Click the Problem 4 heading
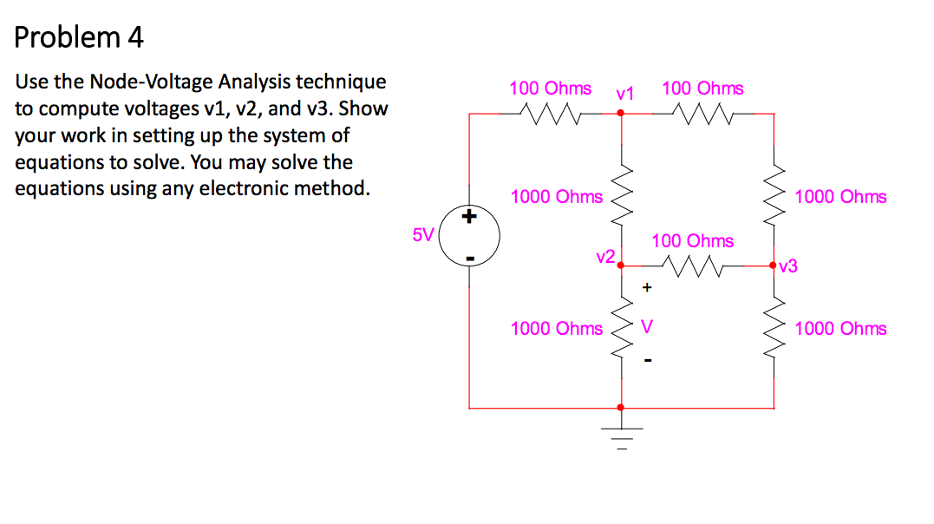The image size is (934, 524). [79, 37]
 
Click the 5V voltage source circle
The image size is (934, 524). [469, 235]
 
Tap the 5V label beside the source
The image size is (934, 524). [422, 235]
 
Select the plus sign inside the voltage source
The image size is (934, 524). [470, 217]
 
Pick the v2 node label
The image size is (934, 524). [605, 257]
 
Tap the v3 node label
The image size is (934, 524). [788, 267]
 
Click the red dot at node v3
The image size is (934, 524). [774, 266]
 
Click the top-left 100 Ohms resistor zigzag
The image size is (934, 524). [551, 113]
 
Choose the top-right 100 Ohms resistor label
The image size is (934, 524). [702, 88]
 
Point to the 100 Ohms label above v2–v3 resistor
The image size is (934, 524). [692, 241]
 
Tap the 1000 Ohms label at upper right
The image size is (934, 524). [840, 197]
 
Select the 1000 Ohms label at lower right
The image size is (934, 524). [840, 328]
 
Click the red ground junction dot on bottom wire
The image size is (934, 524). [620, 407]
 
